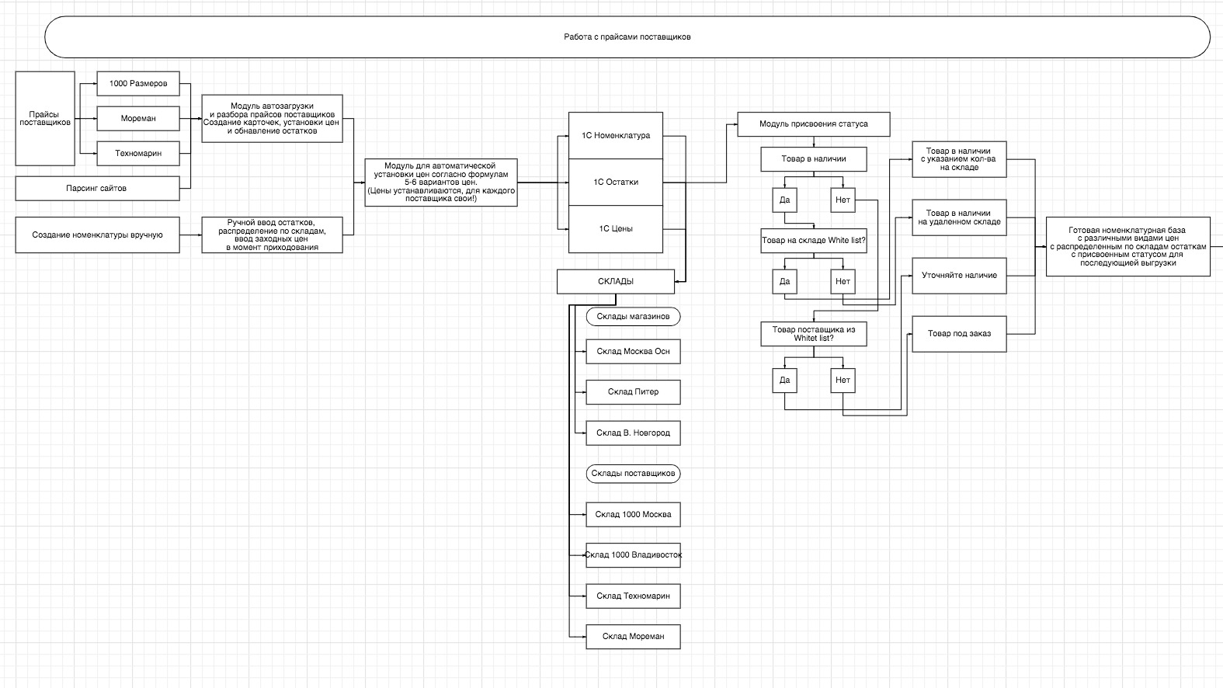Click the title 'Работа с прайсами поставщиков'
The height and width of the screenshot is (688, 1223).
tap(627, 36)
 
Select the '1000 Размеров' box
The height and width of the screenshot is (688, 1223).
tap(138, 84)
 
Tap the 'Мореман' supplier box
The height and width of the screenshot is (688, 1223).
tap(138, 118)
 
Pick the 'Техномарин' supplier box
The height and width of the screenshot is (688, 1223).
tap(138, 153)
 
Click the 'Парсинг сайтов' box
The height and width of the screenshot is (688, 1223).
tap(96, 188)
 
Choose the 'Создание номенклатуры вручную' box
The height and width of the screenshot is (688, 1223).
tap(97, 235)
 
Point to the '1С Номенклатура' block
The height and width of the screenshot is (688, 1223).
tap(616, 135)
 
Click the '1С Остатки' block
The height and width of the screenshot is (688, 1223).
tap(616, 182)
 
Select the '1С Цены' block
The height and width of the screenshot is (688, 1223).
tap(616, 228)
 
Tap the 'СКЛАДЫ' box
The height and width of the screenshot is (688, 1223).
tap(616, 281)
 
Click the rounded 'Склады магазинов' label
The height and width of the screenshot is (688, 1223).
tap(633, 317)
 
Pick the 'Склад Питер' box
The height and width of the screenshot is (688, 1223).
tap(633, 392)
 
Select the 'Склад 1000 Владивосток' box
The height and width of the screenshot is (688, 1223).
tap(633, 555)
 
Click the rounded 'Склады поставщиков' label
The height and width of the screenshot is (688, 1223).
tap(633, 474)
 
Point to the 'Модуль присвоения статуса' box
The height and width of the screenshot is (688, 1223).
tap(813, 124)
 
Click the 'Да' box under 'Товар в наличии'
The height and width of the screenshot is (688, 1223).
tap(784, 200)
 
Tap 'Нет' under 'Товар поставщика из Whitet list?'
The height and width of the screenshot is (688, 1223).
tap(843, 380)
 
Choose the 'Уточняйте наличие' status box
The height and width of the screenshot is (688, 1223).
tap(959, 275)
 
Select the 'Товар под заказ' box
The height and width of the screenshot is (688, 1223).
tap(959, 334)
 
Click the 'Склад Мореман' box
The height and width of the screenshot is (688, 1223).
tap(633, 637)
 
